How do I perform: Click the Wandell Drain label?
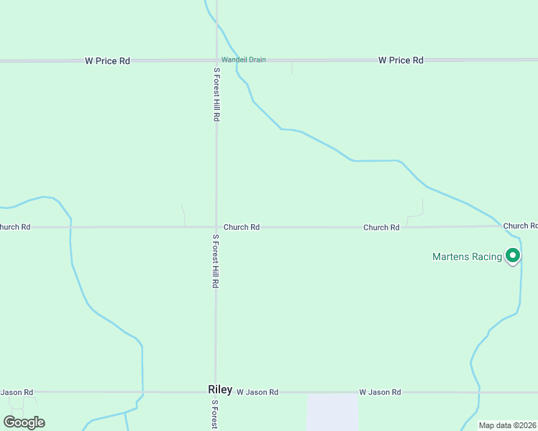pyautogui.click(x=243, y=60)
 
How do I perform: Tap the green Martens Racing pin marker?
pyautogui.click(x=513, y=255)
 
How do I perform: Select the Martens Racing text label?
pyautogui.click(x=467, y=256)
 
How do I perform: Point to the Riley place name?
pyautogui.click(x=220, y=389)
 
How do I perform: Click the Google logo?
pyautogui.click(x=24, y=422)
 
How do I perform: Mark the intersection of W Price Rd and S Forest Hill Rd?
pyautogui.click(x=216, y=60)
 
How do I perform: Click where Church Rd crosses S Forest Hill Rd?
pyautogui.click(x=216, y=227)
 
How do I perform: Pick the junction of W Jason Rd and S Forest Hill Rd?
pyautogui.click(x=215, y=393)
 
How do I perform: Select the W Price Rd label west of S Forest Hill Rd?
pyautogui.click(x=107, y=61)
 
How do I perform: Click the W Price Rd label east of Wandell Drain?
pyautogui.click(x=401, y=60)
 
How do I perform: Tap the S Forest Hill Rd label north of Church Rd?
pyautogui.click(x=216, y=94)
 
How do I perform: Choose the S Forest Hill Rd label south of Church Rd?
pyautogui.click(x=215, y=261)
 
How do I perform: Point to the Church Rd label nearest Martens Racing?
pyautogui.click(x=520, y=226)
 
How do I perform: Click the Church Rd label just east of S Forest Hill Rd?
pyautogui.click(x=241, y=227)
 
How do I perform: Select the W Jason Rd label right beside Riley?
pyautogui.click(x=257, y=392)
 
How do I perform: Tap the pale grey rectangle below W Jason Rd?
pyautogui.click(x=332, y=412)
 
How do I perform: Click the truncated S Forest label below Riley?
pyautogui.click(x=214, y=415)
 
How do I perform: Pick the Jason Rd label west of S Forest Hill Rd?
pyautogui.click(x=17, y=392)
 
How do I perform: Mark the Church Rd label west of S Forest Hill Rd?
pyautogui.click(x=15, y=227)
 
